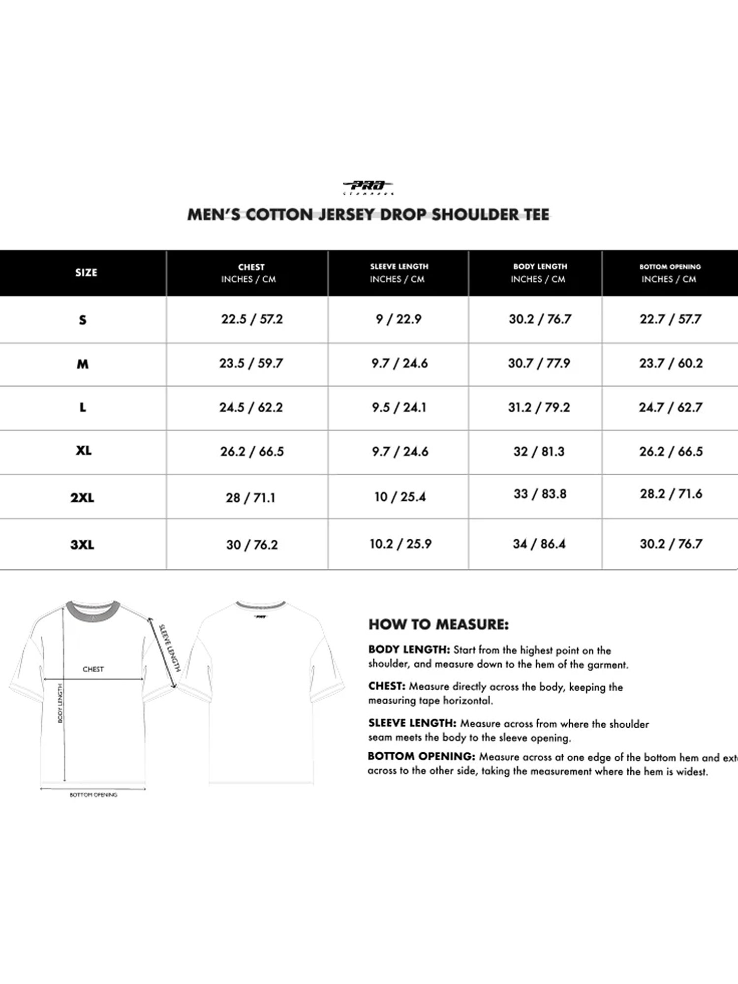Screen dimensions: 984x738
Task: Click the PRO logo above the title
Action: point(368,186)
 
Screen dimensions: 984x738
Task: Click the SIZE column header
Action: point(86,273)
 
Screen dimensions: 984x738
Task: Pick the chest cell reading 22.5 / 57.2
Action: point(252,319)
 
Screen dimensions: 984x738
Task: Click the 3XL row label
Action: point(82,545)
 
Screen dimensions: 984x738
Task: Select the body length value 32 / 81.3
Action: point(539,452)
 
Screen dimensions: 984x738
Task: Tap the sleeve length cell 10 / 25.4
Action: point(400,497)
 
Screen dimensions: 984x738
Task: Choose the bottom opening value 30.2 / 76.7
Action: point(671,544)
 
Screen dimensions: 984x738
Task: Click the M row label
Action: point(83,364)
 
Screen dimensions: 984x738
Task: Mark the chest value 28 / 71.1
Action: point(250,498)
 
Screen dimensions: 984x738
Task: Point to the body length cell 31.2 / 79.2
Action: point(539,407)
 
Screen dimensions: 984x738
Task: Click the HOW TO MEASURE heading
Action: point(438,624)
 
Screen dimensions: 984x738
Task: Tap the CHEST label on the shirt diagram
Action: point(93,669)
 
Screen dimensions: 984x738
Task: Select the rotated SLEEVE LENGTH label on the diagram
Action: point(170,647)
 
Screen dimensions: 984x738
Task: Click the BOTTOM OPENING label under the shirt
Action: point(93,795)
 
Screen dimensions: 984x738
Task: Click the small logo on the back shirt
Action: point(260,616)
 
